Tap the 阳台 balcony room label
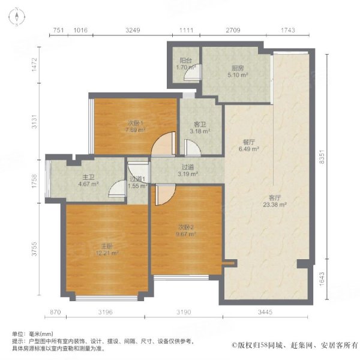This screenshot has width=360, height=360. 185,61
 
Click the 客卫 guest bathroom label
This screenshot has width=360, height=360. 198,125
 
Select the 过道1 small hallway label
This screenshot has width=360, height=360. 138,179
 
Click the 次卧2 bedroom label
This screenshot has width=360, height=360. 185,227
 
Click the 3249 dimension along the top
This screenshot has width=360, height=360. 133,30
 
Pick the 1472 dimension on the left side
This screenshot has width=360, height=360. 35,65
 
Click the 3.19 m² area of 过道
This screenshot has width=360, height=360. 188,174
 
